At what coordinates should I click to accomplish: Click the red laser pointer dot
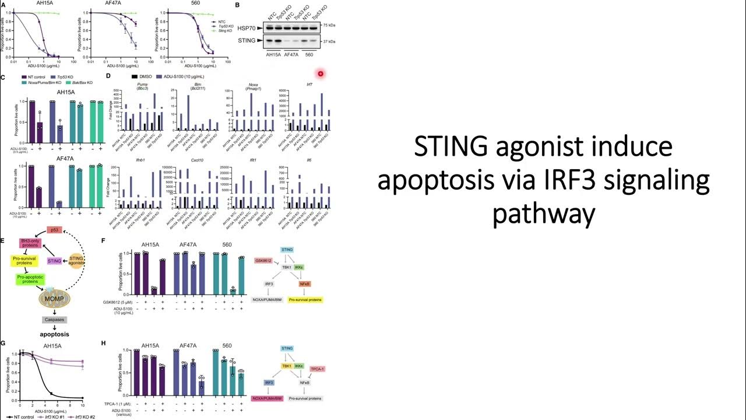pos(320,73)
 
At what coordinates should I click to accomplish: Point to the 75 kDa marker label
pos(329,26)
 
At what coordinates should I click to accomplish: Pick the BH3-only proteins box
pos(31,244)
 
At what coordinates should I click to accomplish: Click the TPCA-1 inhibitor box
pos(317,369)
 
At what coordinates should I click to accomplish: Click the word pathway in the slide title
pos(543,214)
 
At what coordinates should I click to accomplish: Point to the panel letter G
pos(4,343)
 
